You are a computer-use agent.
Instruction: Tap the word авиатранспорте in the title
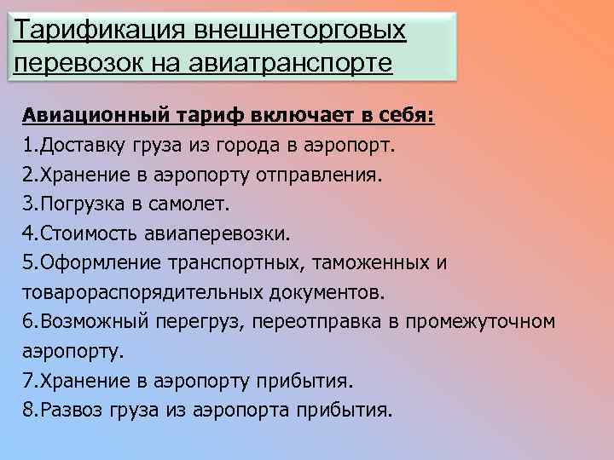coord(290,63)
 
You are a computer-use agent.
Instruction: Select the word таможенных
coord(372,263)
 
